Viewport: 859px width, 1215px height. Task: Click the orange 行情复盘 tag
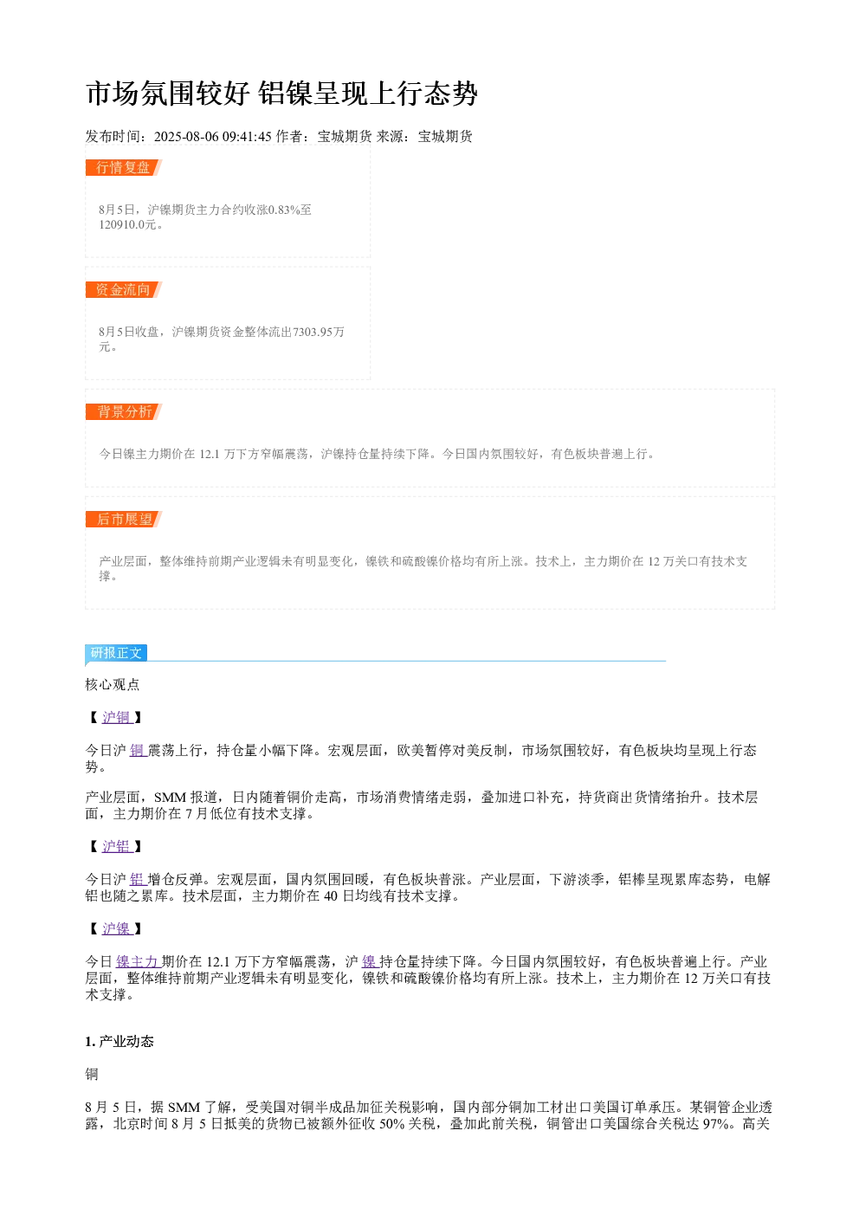coord(123,168)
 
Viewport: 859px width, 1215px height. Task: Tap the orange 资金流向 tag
coord(123,289)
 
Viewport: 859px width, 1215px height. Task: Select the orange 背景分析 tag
coord(123,411)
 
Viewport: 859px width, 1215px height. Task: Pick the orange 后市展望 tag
coord(123,519)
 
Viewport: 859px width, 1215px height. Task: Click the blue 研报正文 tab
coord(116,652)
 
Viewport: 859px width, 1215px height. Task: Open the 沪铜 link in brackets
coord(117,718)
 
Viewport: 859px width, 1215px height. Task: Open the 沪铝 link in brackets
coord(117,846)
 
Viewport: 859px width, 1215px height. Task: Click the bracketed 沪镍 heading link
coord(117,928)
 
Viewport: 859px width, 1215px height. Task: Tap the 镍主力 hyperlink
coord(138,961)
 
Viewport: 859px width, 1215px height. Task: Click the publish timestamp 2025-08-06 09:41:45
coord(212,137)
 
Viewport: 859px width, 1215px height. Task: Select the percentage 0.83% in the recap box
coord(284,210)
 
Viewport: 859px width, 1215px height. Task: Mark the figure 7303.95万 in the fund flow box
coord(319,332)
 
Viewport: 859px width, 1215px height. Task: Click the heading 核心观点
coord(113,684)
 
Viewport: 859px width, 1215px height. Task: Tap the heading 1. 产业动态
coord(119,1042)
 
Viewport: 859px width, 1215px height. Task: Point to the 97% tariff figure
coord(715,1124)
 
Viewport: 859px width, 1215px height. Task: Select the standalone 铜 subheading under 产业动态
coord(92,1075)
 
